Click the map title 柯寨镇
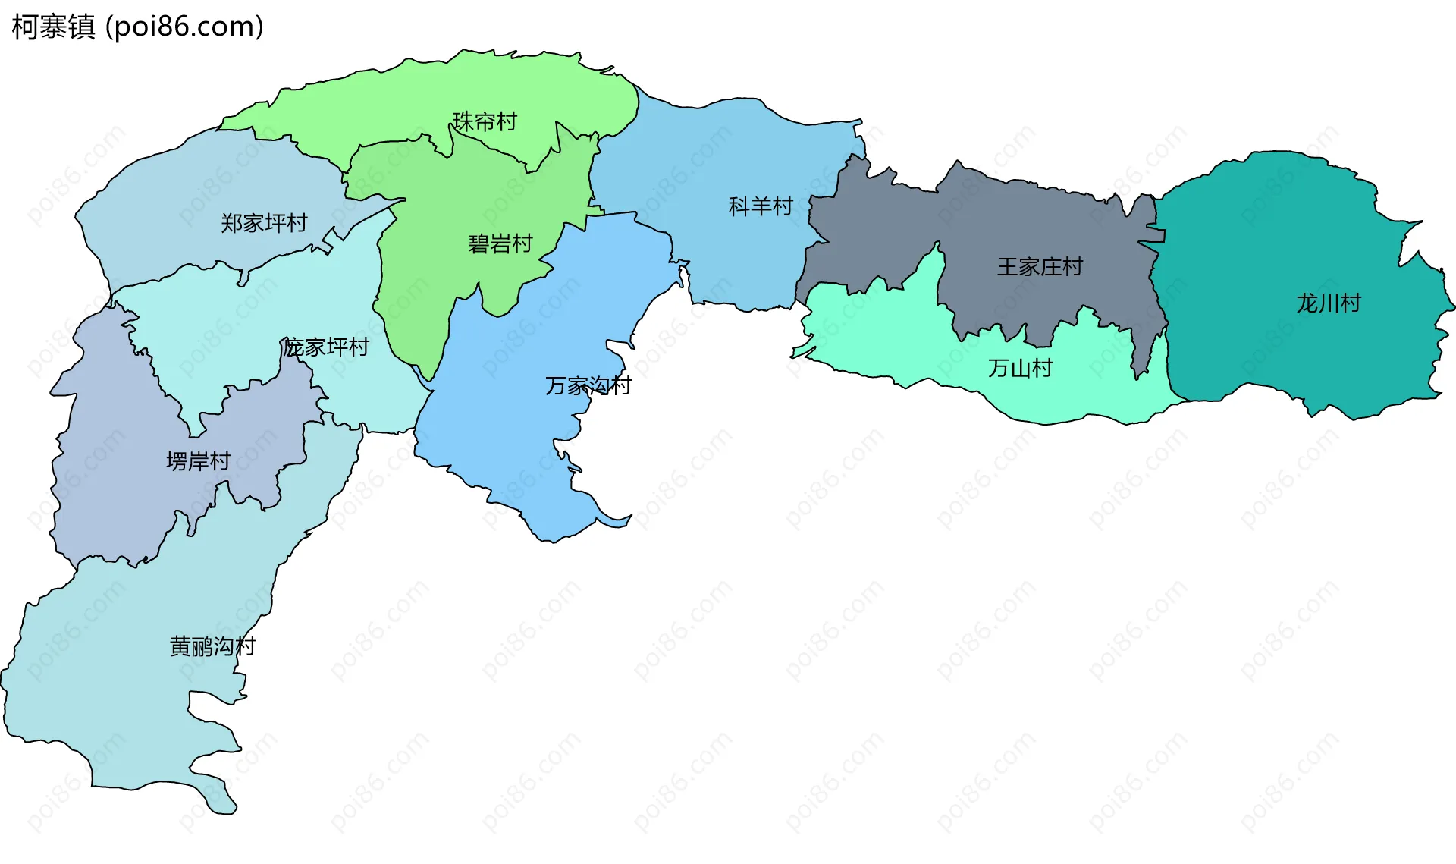[53, 27]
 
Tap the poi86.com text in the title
[184, 27]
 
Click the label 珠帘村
[485, 121]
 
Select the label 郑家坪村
[264, 223]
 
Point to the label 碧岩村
[500, 244]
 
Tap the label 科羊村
[760, 206]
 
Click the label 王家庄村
[1040, 267]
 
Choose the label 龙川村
[1329, 303]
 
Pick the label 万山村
[1020, 369]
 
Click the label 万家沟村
[588, 386]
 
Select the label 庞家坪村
[326, 347]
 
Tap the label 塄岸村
[198, 461]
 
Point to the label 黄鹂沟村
[212, 646]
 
